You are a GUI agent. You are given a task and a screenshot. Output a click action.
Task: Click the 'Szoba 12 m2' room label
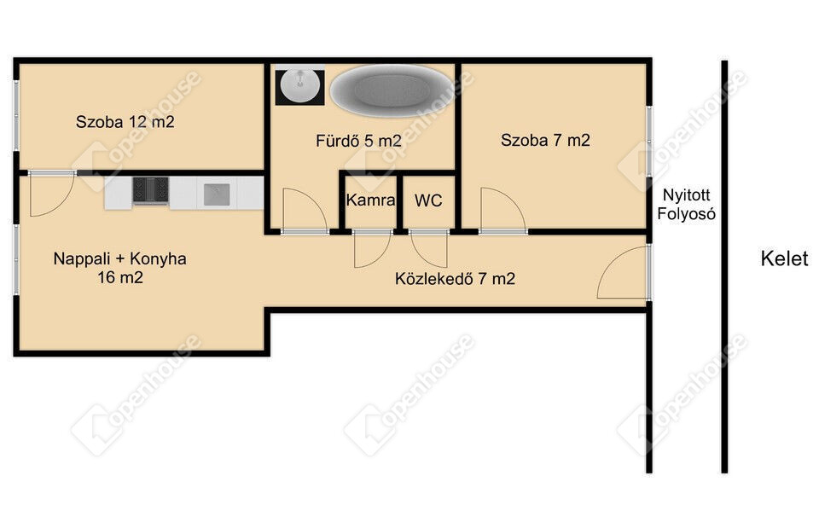pyautogui.click(x=125, y=122)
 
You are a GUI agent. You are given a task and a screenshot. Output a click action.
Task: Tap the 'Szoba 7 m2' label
pyautogui.click(x=545, y=140)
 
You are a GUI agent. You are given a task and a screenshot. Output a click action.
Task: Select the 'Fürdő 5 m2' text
pyautogui.click(x=358, y=141)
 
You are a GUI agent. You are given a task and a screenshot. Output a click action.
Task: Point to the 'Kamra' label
pyautogui.click(x=370, y=200)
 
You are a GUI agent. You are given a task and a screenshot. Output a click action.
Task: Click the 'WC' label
pyautogui.click(x=428, y=200)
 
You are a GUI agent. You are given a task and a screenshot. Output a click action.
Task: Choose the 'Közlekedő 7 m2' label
pyautogui.click(x=455, y=279)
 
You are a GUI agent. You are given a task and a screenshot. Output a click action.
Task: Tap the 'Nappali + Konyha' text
pyautogui.click(x=119, y=258)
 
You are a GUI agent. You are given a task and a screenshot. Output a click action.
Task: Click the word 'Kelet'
pyautogui.click(x=784, y=258)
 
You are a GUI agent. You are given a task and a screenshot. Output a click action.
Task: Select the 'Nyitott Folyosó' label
pyautogui.click(x=686, y=204)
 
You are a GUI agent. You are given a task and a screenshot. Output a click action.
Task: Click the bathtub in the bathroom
pyautogui.click(x=392, y=90)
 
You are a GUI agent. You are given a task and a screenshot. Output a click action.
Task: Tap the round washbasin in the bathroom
pyautogui.click(x=299, y=85)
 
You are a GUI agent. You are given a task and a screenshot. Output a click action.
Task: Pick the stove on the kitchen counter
pyautogui.click(x=150, y=190)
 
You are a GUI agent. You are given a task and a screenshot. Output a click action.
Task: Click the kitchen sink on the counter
pyautogui.click(x=217, y=194)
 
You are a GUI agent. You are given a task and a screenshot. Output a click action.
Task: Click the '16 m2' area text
pyautogui.click(x=120, y=277)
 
